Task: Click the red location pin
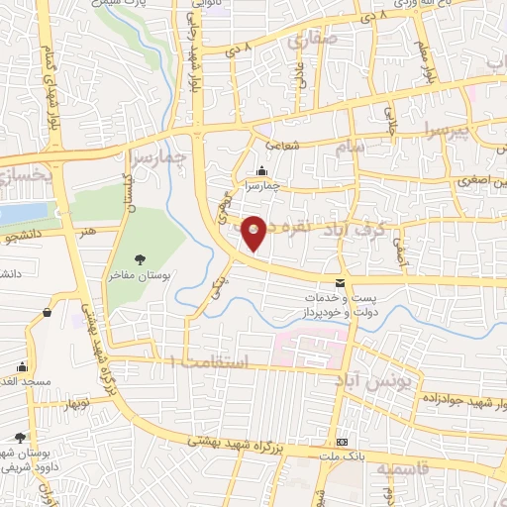[x=254, y=232]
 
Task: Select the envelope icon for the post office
[x=342, y=283]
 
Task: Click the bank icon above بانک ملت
[x=343, y=441]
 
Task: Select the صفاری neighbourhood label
[x=313, y=42]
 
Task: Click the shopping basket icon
[x=47, y=313]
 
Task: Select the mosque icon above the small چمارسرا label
[x=261, y=170]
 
